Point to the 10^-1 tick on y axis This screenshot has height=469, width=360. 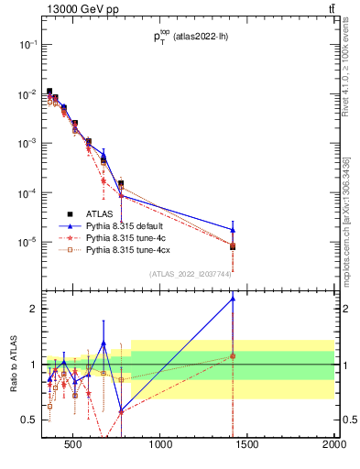click(28, 45)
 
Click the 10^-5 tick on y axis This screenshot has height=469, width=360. click(28, 243)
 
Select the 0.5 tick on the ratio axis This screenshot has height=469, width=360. click(29, 420)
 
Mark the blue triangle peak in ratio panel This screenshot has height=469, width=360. click(233, 298)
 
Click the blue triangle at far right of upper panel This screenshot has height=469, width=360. click(233, 230)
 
